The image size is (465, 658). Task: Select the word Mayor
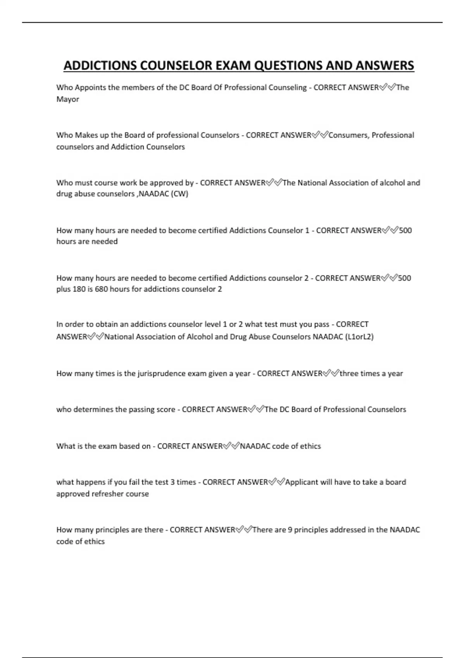click(67, 99)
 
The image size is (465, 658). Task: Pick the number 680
click(101, 289)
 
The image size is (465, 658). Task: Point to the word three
click(349, 374)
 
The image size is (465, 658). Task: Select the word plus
click(64, 289)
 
